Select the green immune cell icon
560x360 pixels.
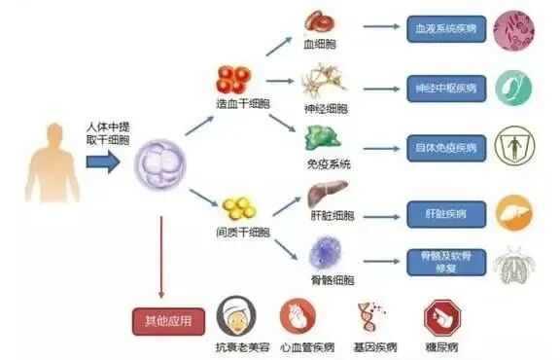pos(325,137)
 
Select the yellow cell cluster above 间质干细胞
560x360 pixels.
pos(238,206)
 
